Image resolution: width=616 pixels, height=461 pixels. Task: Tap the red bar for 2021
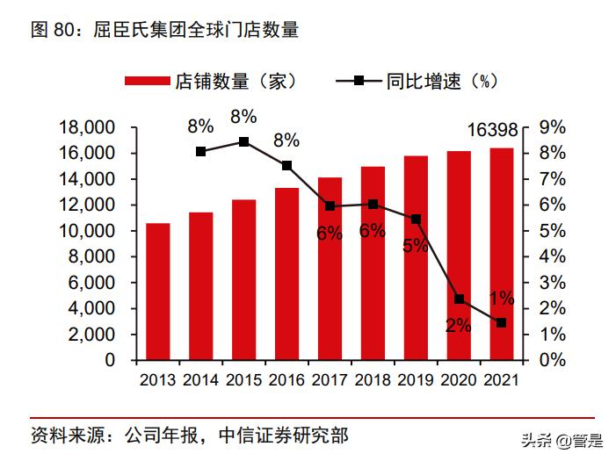point(502,254)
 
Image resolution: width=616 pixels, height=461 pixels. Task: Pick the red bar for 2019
point(416,258)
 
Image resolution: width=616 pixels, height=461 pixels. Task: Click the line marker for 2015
point(243,141)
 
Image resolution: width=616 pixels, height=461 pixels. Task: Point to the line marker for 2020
point(459,299)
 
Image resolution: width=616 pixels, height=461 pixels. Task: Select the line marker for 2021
point(502,323)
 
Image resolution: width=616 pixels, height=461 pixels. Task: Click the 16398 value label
point(493,131)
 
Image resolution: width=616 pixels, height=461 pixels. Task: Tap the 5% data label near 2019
point(415,246)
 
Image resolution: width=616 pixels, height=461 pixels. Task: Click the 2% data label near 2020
point(458,326)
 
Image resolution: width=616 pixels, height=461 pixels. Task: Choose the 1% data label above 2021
point(502,298)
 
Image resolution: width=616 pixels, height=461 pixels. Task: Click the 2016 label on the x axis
point(286,380)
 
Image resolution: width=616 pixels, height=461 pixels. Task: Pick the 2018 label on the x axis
point(373,380)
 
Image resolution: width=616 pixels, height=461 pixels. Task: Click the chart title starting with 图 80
point(164,31)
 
